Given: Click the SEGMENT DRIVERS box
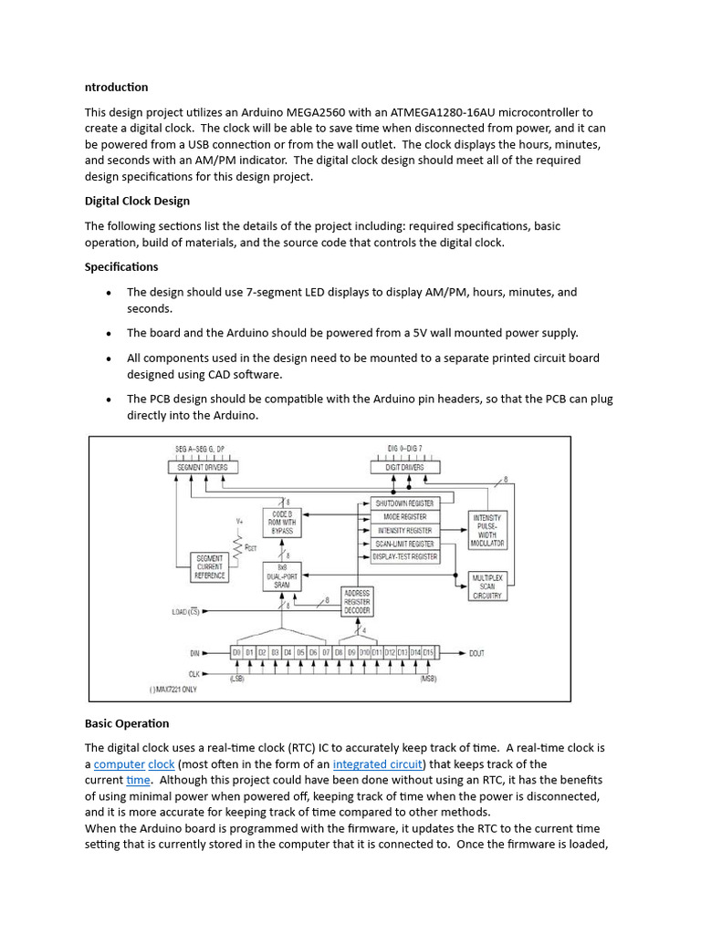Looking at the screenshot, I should click(204, 467).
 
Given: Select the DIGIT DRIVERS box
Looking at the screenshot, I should click(405, 467).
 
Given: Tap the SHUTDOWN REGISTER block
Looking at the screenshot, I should click(404, 503).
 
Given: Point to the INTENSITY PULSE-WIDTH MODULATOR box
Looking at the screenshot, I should click(487, 530).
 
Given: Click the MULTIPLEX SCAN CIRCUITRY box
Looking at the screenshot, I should click(487, 586).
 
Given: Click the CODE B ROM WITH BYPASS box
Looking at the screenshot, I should click(281, 522).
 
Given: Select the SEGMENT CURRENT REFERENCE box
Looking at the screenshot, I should click(209, 567).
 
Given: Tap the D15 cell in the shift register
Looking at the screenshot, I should click(427, 653).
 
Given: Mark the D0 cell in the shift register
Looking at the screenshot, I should click(236, 653).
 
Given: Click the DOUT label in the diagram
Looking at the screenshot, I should click(478, 653).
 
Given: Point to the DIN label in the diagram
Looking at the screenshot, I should click(193, 653).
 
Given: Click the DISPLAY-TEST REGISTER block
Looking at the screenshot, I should click(404, 556).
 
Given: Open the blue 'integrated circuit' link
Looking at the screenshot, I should click(378, 764).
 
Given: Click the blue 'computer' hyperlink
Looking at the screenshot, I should click(120, 764).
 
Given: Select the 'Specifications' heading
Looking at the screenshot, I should click(121, 267).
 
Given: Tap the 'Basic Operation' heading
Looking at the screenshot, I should click(127, 723).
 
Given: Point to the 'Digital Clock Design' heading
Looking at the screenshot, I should click(137, 201).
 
